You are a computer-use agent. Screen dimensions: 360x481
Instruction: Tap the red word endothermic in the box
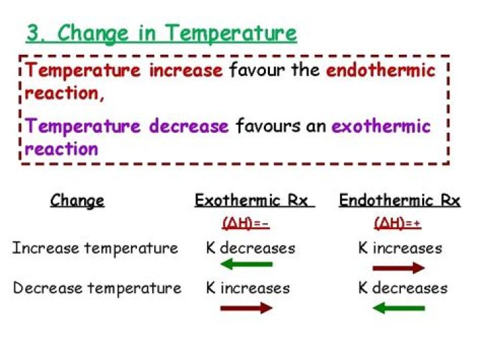380,70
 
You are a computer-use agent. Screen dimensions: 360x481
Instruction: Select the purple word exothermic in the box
381,126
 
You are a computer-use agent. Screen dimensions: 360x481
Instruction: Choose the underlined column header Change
77,200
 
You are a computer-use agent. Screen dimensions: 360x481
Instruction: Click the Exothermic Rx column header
254,200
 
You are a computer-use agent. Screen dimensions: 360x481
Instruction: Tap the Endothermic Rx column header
399,200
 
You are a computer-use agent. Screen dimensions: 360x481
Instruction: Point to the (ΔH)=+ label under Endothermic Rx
397,224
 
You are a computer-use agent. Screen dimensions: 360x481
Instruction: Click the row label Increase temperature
95,248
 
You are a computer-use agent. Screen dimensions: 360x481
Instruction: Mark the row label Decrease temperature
97,289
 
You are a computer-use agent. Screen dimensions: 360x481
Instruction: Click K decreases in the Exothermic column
250,248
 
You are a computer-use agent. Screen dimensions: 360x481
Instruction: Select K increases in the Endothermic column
399,248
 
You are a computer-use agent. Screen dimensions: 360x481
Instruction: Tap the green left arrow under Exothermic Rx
246,264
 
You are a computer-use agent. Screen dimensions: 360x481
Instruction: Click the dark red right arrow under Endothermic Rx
398,268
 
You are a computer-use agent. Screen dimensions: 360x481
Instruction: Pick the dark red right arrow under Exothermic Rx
246,308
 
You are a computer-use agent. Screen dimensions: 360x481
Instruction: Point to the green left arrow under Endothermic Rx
398,308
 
